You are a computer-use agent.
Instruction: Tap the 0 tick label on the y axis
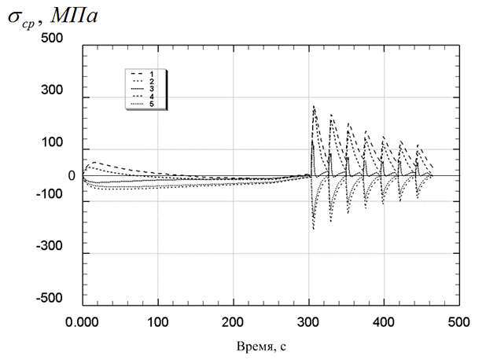(x=71, y=175)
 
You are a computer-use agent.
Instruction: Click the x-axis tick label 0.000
(x=83, y=322)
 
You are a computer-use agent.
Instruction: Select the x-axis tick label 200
(x=233, y=322)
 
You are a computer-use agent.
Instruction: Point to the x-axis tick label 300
(x=308, y=322)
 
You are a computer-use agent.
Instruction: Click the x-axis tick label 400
(x=383, y=322)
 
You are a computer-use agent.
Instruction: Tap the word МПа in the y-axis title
(x=77, y=16)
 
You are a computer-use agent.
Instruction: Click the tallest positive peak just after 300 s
(x=314, y=106)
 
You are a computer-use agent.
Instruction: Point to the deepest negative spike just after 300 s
(x=313, y=229)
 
